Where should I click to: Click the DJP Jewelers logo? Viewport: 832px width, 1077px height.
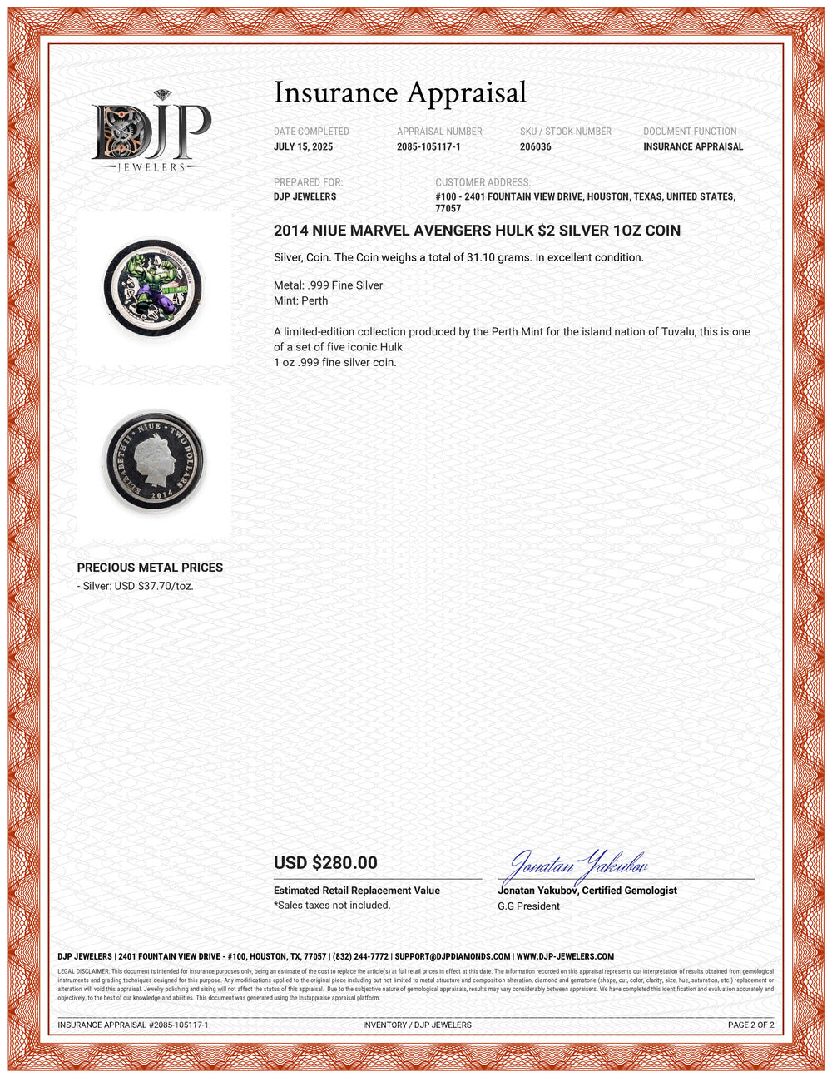(x=151, y=131)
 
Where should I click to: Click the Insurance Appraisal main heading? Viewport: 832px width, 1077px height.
(x=400, y=92)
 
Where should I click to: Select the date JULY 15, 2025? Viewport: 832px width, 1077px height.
(x=303, y=147)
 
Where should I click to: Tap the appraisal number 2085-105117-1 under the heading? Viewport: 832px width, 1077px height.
(x=428, y=147)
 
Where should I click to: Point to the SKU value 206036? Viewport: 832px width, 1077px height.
(x=535, y=147)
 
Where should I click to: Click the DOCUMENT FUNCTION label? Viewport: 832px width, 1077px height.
(x=690, y=132)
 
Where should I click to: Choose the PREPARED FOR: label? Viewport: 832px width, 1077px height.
(x=308, y=182)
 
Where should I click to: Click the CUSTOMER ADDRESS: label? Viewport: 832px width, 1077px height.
(x=483, y=182)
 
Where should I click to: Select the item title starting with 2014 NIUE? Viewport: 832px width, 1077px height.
(x=477, y=231)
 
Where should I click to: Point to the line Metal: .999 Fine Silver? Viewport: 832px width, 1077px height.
(x=328, y=285)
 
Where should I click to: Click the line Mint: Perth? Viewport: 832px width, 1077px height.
(x=300, y=300)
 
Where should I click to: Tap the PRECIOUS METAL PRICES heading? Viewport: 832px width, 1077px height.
(x=150, y=568)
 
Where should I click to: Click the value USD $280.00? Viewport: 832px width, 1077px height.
(x=325, y=863)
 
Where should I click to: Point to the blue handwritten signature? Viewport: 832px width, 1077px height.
(x=577, y=866)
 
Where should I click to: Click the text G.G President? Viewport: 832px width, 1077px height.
(x=528, y=906)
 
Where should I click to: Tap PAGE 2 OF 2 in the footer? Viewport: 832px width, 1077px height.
(x=750, y=1025)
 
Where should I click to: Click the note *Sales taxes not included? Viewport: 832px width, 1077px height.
(x=331, y=906)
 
